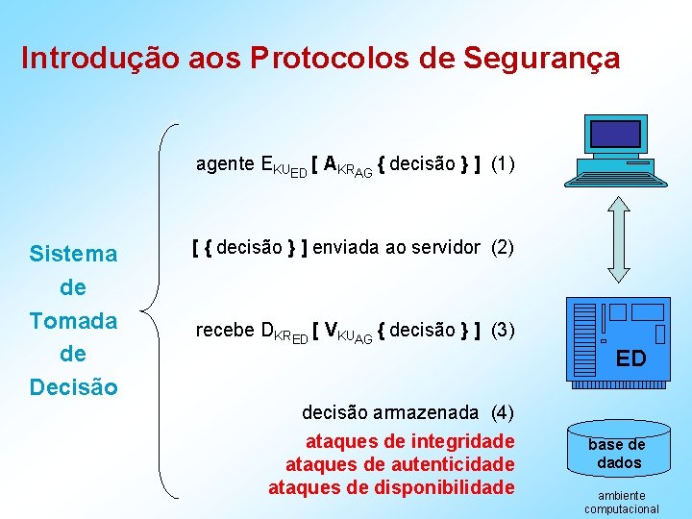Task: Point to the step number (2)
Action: point(503,247)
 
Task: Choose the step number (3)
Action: point(503,330)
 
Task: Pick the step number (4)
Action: point(503,413)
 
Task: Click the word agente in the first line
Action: point(225,164)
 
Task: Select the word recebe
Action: point(225,330)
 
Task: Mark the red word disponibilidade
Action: point(448,487)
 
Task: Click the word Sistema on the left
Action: point(73,255)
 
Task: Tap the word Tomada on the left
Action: point(73,321)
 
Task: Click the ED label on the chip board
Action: point(630,359)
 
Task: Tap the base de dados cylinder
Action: point(617,452)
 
